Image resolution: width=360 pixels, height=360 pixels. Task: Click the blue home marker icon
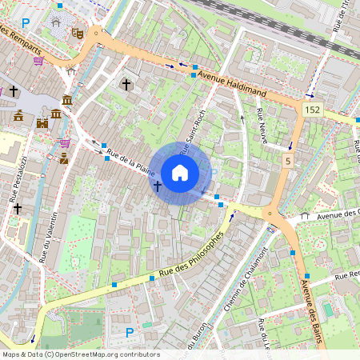pyautogui.click(x=180, y=172)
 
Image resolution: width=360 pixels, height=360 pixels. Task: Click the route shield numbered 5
pyautogui.click(x=286, y=162)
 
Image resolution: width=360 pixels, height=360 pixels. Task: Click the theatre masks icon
pyautogui.click(x=78, y=33)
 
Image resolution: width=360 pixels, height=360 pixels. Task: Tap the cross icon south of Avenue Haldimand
pyautogui.click(x=125, y=83)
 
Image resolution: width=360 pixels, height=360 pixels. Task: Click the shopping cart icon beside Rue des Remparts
pyautogui.click(x=38, y=61)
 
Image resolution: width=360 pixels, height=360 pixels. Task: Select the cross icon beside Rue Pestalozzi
pyautogui.click(x=17, y=207)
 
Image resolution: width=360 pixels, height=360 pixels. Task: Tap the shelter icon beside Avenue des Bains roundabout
pyautogui.click(x=305, y=215)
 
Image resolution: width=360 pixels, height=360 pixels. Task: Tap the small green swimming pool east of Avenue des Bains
pyautogui.click(x=328, y=308)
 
